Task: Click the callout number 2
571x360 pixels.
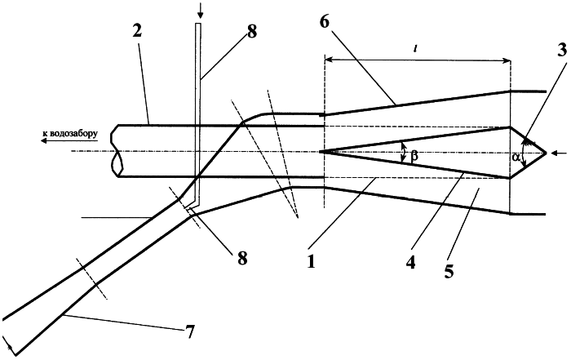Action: click(x=137, y=32)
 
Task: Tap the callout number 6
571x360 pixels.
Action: click(x=324, y=22)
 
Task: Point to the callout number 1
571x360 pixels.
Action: click(x=311, y=261)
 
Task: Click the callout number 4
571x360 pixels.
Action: click(x=410, y=262)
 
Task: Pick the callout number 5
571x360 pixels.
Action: click(x=449, y=271)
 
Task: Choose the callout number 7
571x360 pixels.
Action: click(x=189, y=331)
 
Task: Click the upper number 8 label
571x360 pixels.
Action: click(x=251, y=32)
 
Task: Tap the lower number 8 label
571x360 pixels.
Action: click(x=241, y=258)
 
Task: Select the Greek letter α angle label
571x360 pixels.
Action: click(x=515, y=157)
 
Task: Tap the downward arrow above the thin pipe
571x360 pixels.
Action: click(x=200, y=11)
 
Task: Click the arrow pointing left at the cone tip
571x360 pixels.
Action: click(x=559, y=153)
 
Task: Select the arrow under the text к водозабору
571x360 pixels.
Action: click(x=69, y=141)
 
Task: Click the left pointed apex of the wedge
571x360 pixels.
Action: click(x=321, y=152)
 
